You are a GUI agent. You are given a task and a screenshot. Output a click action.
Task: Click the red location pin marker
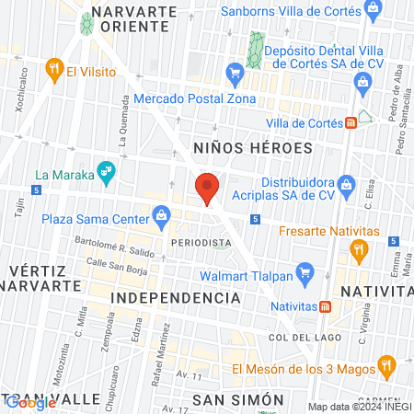click(207, 187)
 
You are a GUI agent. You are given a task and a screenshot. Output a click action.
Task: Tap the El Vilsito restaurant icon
click(55, 68)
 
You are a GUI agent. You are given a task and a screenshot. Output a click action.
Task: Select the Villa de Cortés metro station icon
click(351, 123)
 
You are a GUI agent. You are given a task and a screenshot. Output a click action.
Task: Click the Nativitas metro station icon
click(325, 306)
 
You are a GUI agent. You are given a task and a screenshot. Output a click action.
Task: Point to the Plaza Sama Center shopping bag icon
click(161, 218)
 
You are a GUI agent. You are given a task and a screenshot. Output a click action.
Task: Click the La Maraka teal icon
click(108, 170)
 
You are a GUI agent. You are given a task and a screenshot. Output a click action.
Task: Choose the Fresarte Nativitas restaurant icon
click(359, 247)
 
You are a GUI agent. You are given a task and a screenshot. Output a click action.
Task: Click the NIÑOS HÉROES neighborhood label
click(253, 147)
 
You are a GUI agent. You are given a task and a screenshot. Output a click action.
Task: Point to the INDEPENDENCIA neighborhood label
click(175, 299)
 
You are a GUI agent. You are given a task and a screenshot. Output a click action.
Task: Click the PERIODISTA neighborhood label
click(201, 242)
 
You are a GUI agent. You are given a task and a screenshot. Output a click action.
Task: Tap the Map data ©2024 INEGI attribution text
click(359, 407)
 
